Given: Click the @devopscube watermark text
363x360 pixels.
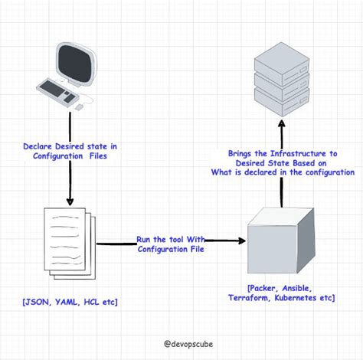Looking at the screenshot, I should point(181,345).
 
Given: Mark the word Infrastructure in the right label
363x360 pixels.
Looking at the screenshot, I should point(291,153).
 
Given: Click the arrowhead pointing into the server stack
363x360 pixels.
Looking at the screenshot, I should point(281,123).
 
